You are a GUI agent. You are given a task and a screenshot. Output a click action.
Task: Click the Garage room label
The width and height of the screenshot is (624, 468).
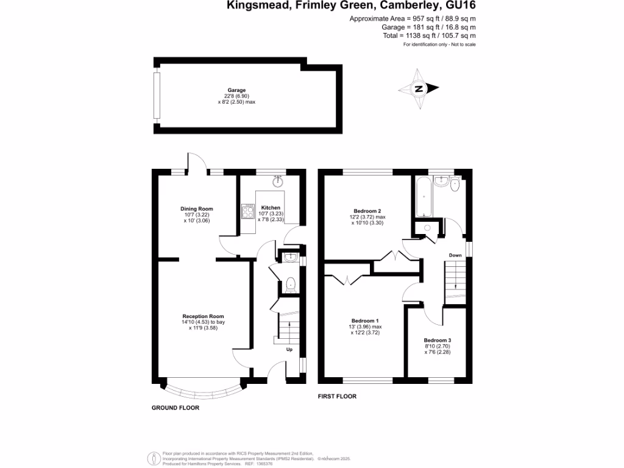[x=236, y=90]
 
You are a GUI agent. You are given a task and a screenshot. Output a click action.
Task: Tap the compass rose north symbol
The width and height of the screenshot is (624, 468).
[x=419, y=89]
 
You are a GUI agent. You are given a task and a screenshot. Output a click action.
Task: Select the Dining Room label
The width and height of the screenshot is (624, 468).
[x=196, y=209]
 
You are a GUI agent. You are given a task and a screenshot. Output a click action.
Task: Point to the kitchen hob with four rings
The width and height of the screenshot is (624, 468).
[x=249, y=212]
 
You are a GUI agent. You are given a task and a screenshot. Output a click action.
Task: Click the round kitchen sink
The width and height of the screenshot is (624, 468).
[x=278, y=181]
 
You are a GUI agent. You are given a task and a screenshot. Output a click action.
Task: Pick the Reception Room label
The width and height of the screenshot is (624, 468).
[x=203, y=316]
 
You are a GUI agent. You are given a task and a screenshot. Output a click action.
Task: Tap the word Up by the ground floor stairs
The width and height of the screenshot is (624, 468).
[x=289, y=350]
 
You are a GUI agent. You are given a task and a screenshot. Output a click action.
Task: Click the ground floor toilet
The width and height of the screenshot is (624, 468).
[x=291, y=283]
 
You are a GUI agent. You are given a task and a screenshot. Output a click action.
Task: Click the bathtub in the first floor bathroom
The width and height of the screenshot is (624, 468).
[x=423, y=196]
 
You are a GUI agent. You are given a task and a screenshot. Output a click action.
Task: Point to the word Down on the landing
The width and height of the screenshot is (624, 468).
[x=455, y=255]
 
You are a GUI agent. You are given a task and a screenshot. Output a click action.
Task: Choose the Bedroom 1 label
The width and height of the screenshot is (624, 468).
[x=365, y=321]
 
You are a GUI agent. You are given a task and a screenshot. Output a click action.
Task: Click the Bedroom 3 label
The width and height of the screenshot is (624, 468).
[x=437, y=340]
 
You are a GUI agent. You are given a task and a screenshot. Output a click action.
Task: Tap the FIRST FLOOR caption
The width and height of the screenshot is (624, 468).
[x=337, y=397]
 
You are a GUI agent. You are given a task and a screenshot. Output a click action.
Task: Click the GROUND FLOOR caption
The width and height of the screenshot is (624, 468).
[x=175, y=408]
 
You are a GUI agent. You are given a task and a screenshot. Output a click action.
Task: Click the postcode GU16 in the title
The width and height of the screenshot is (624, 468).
[x=456, y=6]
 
